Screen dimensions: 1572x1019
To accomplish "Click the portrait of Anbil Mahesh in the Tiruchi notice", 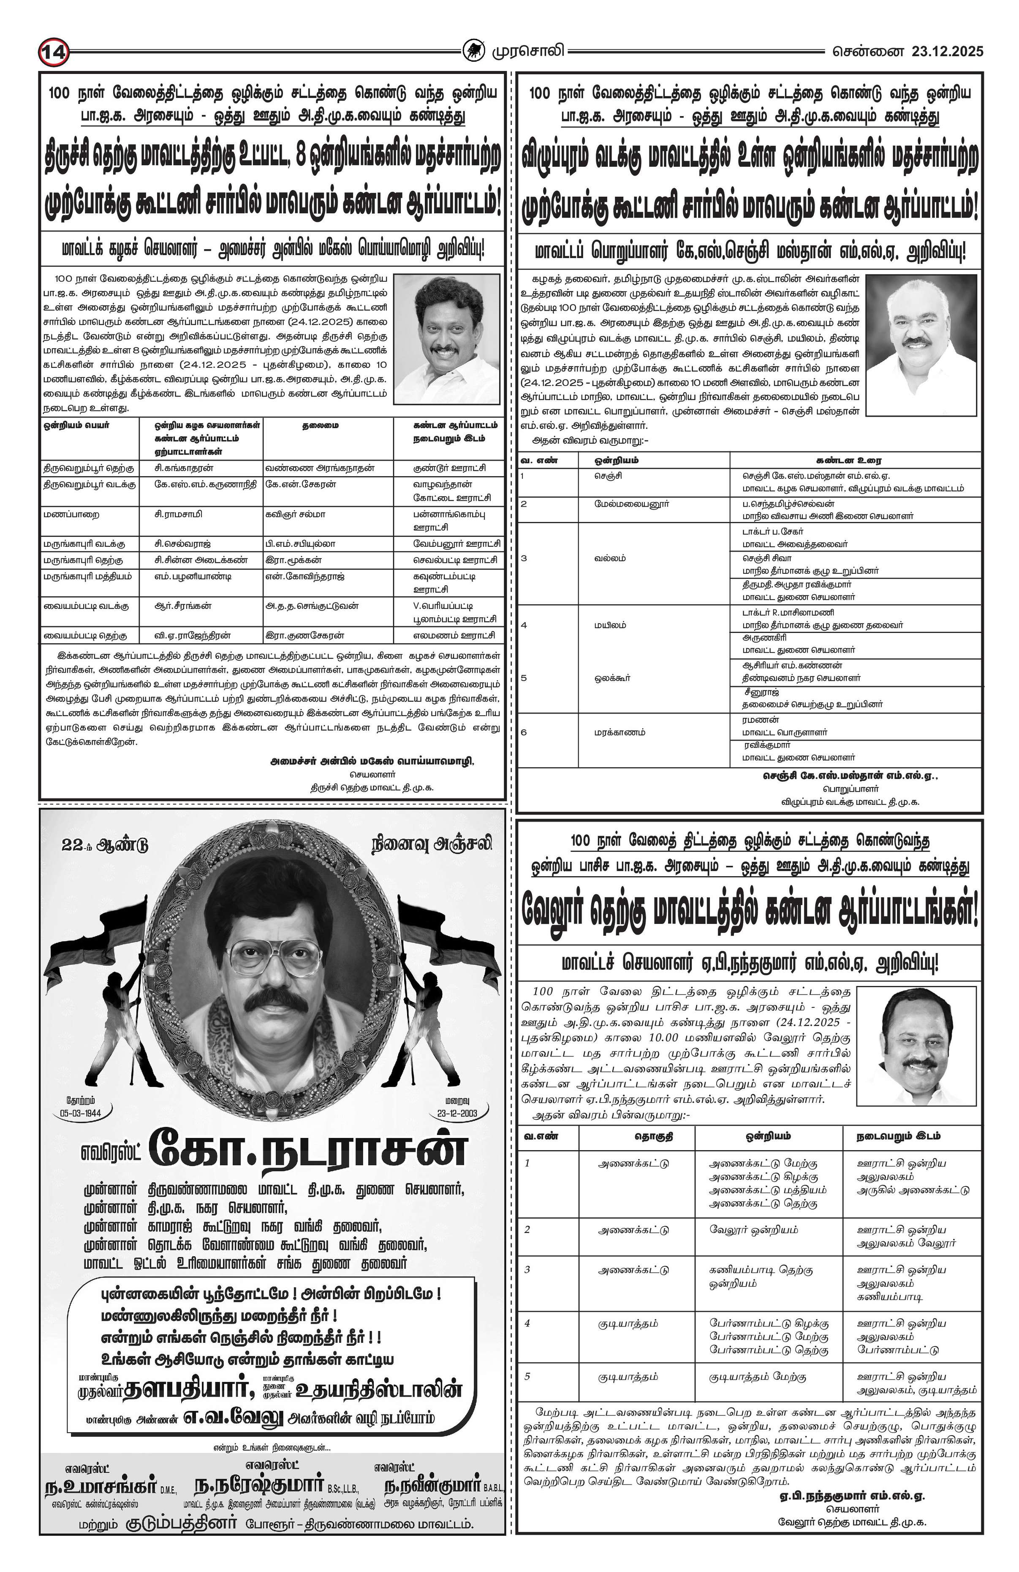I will click(446, 338).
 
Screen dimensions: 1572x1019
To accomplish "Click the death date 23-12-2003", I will click(457, 1112).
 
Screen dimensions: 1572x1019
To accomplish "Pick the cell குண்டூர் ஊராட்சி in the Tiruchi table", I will click(449, 468).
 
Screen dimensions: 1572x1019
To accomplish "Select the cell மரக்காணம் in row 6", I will click(618, 732).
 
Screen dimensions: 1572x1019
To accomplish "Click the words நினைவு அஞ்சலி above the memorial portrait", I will click(431, 844).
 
